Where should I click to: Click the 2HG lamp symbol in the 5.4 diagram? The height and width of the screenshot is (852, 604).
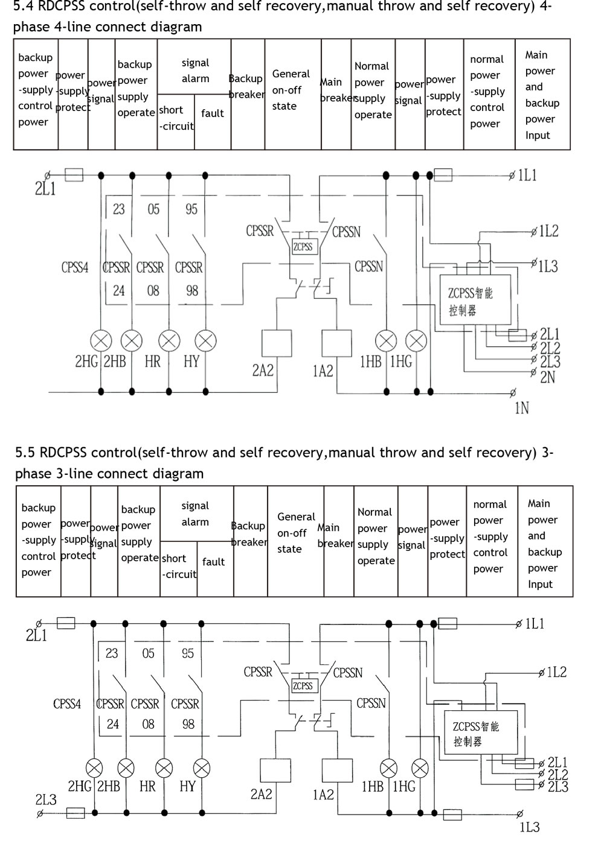101,341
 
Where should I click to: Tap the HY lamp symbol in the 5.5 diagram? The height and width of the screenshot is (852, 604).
202,768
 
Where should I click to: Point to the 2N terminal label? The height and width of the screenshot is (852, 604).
548,377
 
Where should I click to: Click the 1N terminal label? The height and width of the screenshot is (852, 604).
522,409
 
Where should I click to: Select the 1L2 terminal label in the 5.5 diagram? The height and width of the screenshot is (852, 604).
556,672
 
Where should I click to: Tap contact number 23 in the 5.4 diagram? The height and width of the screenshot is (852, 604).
118,209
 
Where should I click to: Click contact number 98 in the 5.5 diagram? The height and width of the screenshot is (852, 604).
188,724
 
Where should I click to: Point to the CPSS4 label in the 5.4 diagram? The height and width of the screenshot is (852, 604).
75,267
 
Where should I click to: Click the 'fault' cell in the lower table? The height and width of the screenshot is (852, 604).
213,562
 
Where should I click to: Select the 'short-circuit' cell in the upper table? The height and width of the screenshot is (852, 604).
176,118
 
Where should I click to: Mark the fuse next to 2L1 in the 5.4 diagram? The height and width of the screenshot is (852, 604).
74,175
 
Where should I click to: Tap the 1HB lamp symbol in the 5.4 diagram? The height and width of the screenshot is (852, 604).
386,341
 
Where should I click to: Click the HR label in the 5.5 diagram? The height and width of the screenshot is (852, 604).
147,786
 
